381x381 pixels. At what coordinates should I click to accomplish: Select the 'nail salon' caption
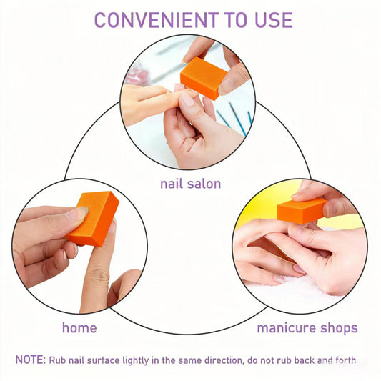pyautogui.click(x=190, y=184)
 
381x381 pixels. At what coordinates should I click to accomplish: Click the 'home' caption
pyautogui.click(x=79, y=328)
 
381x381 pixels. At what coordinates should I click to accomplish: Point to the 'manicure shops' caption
pyautogui.click(x=307, y=328)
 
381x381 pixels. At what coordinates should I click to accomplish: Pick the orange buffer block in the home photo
pyautogui.click(x=92, y=218)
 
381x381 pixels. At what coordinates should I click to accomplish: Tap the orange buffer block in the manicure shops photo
pyautogui.click(x=301, y=209)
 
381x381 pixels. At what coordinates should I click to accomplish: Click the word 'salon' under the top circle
pyautogui.click(x=204, y=184)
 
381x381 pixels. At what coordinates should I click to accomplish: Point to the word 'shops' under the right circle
pyautogui.click(x=338, y=328)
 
